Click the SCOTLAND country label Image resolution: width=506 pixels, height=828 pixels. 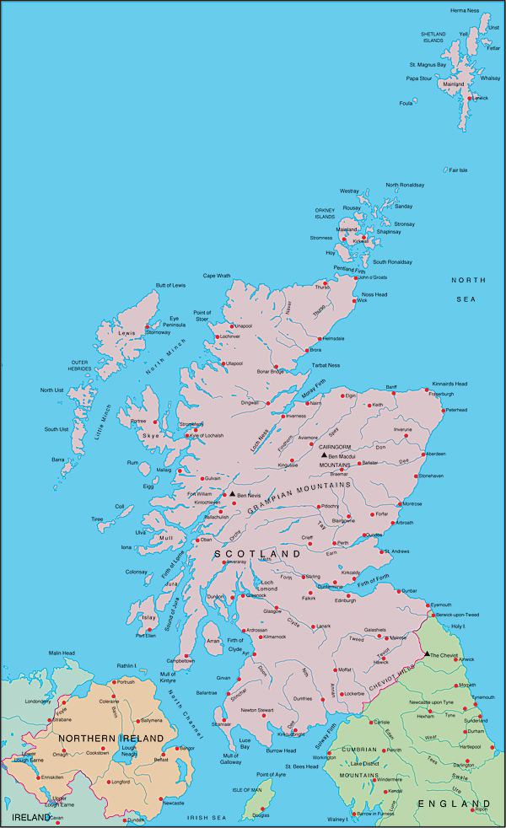[258, 553]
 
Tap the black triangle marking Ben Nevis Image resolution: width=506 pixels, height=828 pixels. [233, 494]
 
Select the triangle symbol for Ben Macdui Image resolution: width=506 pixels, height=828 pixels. [324, 455]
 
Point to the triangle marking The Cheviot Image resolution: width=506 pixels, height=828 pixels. [427, 653]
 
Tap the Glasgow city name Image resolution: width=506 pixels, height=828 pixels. [272, 610]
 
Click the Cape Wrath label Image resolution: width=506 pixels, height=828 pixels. [217, 276]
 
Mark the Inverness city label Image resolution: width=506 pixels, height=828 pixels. [295, 416]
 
